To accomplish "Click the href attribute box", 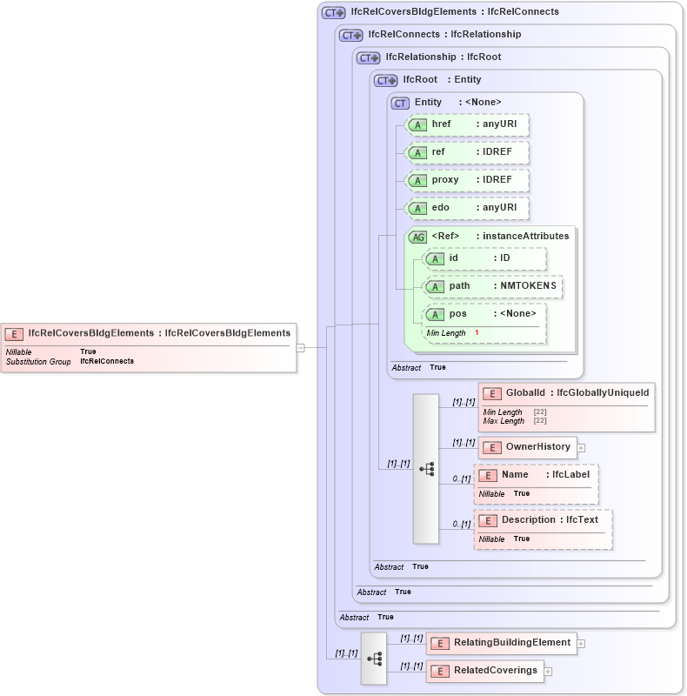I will [x=468, y=125].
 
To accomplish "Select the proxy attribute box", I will [x=468, y=180].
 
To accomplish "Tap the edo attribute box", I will [x=468, y=208].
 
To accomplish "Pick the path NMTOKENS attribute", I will [x=492, y=286].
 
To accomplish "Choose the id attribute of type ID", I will [x=484, y=258].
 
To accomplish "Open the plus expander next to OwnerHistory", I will [x=582, y=448].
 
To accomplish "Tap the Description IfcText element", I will [x=544, y=520].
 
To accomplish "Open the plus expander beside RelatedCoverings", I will [x=549, y=672].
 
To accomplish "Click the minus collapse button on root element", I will [x=301, y=347].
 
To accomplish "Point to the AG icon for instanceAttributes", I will [x=417, y=237].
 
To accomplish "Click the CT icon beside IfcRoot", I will [x=384, y=80].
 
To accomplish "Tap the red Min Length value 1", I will [x=477, y=333].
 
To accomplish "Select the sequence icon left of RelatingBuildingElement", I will [x=374, y=659].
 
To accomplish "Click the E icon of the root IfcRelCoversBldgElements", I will [x=14, y=333].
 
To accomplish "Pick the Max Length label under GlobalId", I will [x=504, y=421].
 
